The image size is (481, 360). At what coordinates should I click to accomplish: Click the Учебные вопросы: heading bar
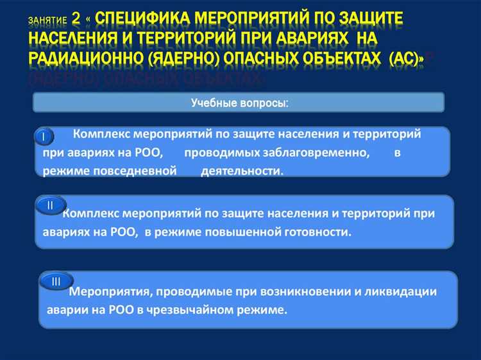(x=239, y=103)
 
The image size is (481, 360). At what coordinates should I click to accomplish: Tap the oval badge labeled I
(x=44, y=137)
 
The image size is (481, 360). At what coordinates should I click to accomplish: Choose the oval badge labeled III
(x=56, y=281)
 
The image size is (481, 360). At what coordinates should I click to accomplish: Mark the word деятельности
(x=242, y=171)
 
